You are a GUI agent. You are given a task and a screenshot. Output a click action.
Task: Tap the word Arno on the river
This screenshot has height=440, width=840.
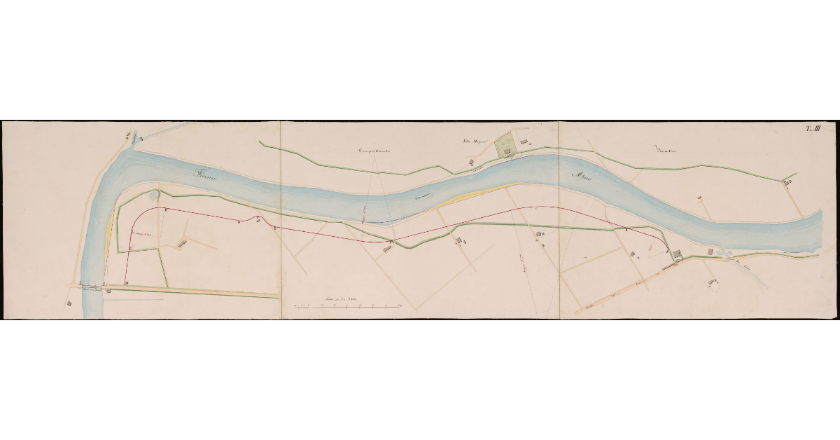coord(582,178)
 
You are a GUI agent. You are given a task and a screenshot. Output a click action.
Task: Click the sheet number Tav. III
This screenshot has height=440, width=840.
coord(814,128)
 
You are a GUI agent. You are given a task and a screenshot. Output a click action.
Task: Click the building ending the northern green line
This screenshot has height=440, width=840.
coord(787,182)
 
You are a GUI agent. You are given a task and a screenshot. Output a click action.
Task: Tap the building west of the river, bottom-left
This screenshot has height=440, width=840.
coord(69,303)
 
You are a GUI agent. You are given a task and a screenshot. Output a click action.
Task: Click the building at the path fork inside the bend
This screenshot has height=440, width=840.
coord(183,243)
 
